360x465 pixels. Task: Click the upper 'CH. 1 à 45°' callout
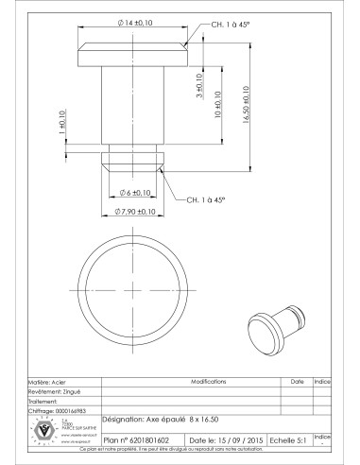(219, 24)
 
